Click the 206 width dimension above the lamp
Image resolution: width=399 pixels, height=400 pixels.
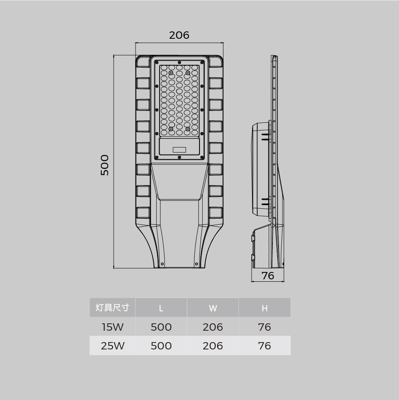tap(179, 35)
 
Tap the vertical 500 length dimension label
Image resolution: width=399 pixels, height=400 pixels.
tap(105, 165)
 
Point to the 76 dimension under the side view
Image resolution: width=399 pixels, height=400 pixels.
tap(268, 276)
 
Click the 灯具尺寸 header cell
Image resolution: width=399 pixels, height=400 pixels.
tap(112, 308)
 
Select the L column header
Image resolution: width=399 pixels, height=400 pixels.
tap(161, 308)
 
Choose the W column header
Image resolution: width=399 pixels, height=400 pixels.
tap(213, 308)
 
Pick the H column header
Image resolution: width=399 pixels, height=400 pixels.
tap(265, 308)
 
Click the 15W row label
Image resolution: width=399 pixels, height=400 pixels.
tap(113, 327)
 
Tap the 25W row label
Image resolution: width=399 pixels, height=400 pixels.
tap(113, 346)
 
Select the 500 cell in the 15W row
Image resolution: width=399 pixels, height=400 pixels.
tap(161, 327)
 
